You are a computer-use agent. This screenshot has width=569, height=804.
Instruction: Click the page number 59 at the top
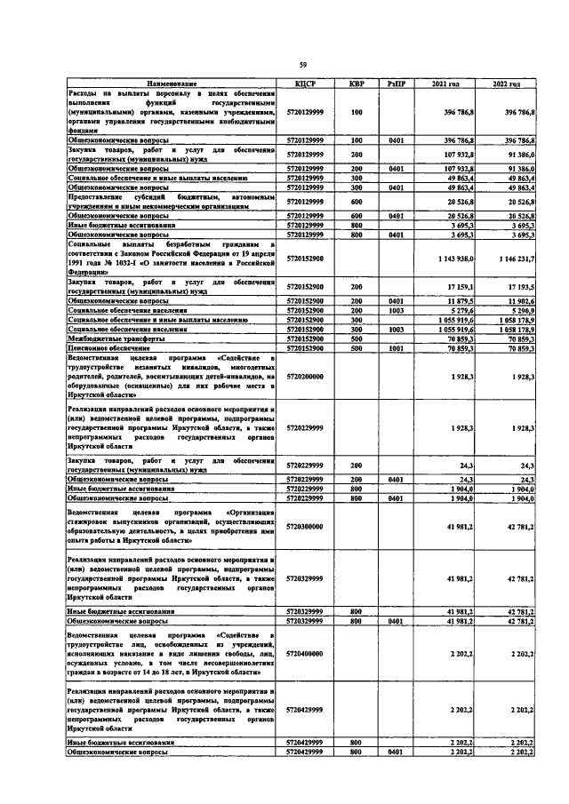[x=302, y=64]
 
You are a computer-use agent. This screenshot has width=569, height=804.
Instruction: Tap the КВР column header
[x=357, y=83]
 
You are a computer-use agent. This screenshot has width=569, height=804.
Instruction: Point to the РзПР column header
[x=396, y=83]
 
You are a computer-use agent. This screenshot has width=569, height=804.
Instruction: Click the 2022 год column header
[x=506, y=83]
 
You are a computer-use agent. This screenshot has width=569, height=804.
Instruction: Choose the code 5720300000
[x=305, y=527]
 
